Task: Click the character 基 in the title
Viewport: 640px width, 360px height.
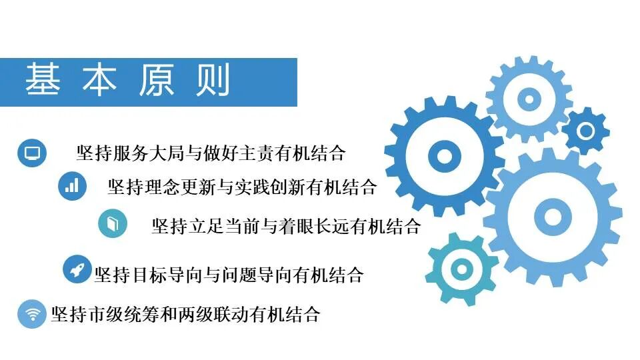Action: point(43,81)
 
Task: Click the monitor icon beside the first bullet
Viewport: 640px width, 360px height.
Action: point(31,153)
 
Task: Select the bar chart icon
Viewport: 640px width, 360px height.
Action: point(72,186)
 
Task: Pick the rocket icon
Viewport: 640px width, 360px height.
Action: point(77,269)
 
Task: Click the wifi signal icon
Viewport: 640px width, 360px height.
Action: point(31,314)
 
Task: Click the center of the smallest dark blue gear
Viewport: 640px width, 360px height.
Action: point(586,131)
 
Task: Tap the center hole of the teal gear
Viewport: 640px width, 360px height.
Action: point(461,269)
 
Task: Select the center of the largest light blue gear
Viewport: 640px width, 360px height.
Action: point(553,216)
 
